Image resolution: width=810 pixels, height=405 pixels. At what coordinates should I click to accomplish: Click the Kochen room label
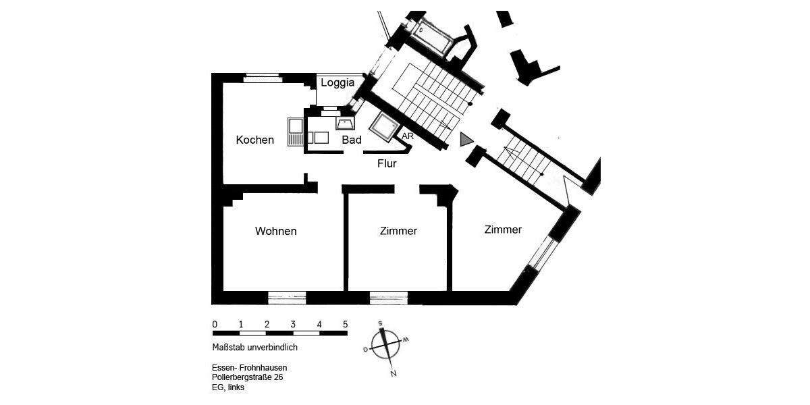point(255,140)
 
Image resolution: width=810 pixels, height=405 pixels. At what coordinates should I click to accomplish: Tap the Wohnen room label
point(275,232)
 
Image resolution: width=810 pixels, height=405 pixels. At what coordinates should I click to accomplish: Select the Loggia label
point(337,83)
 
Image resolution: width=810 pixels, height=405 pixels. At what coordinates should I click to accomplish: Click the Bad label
point(352,140)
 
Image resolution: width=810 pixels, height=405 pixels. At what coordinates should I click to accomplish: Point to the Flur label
point(387,163)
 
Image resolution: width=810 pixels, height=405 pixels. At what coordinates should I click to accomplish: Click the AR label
point(407,136)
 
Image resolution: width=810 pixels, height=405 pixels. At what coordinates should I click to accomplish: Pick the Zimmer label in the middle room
point(398,232)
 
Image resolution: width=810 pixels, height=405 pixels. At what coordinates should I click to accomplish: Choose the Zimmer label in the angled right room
point(503,230)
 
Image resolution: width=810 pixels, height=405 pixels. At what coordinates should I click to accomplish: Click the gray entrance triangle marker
point(466,139)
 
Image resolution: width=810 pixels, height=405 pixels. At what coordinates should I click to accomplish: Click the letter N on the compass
point(394,373)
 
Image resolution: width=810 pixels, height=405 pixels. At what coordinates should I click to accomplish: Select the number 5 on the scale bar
point(346,324)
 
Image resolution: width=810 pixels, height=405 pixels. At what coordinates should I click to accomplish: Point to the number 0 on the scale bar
point(215,324)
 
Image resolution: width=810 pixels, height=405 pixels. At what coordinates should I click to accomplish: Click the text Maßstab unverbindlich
point(254,348)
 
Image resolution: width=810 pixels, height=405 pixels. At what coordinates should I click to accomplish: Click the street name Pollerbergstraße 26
point(247,377)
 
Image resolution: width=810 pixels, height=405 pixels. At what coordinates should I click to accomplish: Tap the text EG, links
point(228,388)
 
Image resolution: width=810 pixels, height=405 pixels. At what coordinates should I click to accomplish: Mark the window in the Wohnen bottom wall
point(287,296)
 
